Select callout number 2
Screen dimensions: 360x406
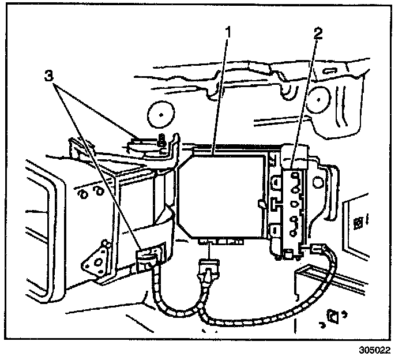pyautogui.click(x=317, y=33)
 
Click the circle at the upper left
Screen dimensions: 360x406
pyautogui.click(x=160, y=115)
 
